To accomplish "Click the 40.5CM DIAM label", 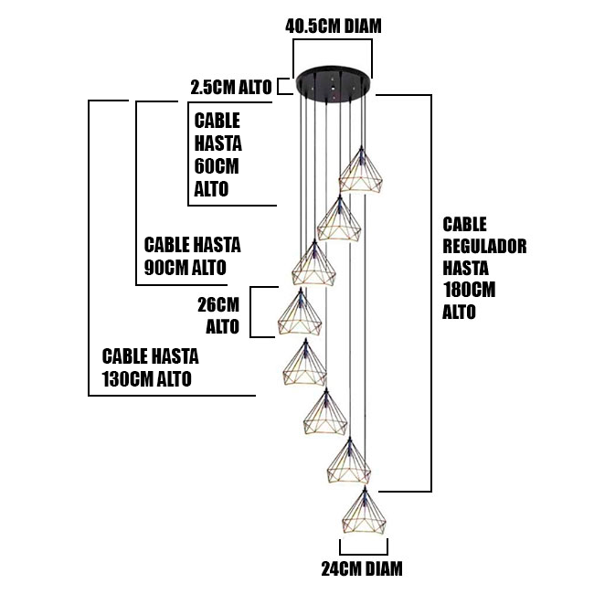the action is coord(333,27).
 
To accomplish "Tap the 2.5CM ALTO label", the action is coord(231,88).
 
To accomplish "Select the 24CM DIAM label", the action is coord(362,569).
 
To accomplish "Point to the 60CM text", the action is coord(217,166).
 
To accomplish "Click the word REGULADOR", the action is coord(484,246).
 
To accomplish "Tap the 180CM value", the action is coord(469,291).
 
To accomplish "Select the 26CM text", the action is coord(218,304).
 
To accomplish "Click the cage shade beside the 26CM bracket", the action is coord(300,312).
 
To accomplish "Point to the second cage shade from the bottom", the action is coord(349,461).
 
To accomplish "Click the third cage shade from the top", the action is coord(313,262).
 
